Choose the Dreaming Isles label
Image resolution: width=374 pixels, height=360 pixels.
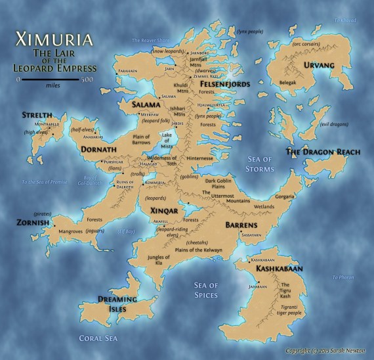click(117, 304)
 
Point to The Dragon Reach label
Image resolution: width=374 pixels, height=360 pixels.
click(323, 152)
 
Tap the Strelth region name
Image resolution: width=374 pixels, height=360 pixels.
click(37, 115)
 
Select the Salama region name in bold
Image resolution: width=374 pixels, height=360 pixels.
click(146, 104)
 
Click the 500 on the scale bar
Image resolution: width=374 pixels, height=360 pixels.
click(87, 79)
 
